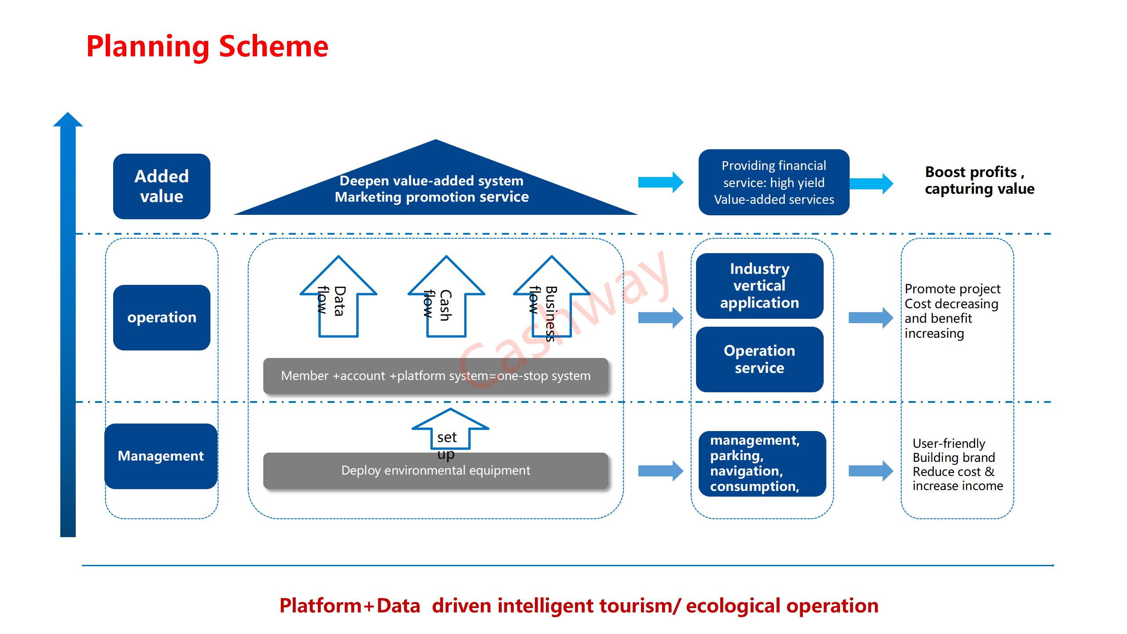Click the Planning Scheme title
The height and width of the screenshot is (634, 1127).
pos(207,47)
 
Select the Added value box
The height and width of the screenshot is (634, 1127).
pos(162,186)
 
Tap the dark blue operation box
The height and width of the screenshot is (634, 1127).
pos(162,317)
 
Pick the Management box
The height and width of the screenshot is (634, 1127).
pos(161,456)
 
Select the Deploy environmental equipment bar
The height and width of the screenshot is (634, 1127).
pos(435,471)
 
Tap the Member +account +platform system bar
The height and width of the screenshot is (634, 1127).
pos(435,376)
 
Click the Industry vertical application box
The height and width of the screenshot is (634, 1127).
pos(759,286)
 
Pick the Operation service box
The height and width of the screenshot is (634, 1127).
pos(759,359)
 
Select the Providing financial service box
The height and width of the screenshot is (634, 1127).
pos(773,182)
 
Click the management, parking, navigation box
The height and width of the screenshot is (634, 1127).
pos(762,464)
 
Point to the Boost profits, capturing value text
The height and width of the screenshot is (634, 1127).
pos(979,180)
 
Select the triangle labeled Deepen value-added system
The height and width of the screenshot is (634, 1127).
pos(435,189)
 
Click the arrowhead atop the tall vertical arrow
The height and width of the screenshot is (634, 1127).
pos(68,120)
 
